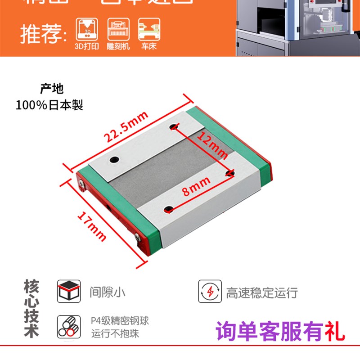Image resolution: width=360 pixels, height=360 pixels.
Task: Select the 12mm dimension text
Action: pyautogui.click(x=213, y=146)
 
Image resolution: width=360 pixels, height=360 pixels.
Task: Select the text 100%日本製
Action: pyautogui.click(x=49, y=105)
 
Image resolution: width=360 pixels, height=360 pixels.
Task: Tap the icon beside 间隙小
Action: pyautogui.click(x=69, y=291)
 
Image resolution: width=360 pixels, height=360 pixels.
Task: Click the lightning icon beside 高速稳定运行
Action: pyautogui.click(x=210, y=292)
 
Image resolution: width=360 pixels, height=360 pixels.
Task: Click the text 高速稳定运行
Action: pyautogui.click(x=262, y=293)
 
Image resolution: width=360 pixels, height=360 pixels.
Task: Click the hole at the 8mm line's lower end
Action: pyautogui.click(x=169, y=209)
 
